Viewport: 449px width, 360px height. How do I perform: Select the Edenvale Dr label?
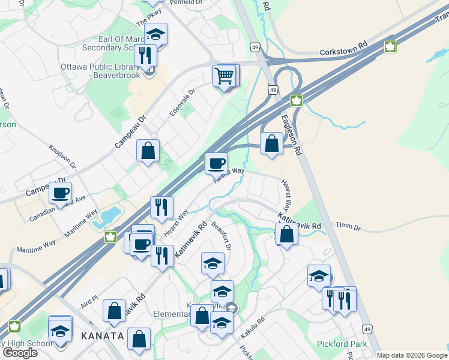[182, 100]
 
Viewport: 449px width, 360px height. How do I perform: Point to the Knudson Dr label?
[62, 157]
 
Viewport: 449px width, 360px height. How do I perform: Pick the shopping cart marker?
[224, 76]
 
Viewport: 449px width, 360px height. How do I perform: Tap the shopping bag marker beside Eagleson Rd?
[272, 143]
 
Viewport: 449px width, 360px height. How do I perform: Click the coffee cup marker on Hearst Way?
[216, 163]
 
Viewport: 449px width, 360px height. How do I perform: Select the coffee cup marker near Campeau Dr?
[60, 193]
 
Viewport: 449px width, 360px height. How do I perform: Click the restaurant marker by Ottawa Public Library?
[145, 56]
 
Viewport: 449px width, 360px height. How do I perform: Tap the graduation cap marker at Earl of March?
[156, 34]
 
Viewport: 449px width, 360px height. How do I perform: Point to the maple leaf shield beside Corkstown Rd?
[390, 47]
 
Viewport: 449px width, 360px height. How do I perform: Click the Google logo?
[20, 353]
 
